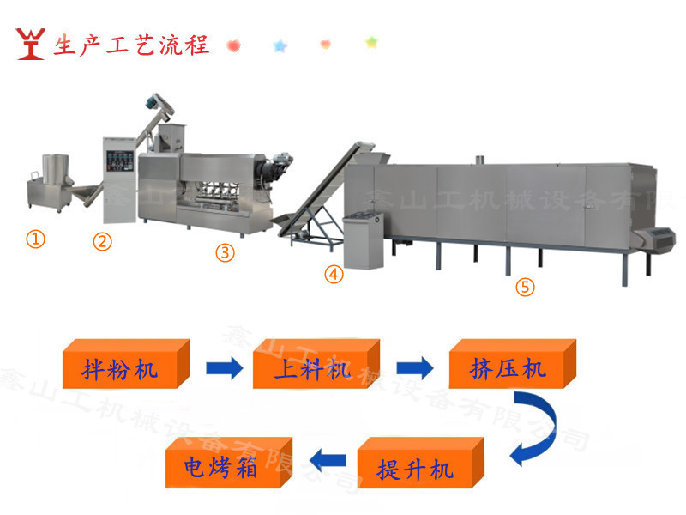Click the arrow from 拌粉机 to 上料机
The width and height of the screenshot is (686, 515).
(x=225, y=369)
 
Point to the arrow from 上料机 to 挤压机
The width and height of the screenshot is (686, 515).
(x=415, y=369)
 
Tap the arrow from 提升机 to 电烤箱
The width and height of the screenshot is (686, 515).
(x=328, y=463)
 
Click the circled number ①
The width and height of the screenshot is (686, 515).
(x=35, y=239)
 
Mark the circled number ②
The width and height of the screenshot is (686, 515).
(x=103, y=241)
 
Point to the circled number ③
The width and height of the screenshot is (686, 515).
(x=224, y=252)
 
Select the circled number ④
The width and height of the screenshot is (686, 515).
(x=334, y=275)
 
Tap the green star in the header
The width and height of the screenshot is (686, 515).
(x=371, y=41)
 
